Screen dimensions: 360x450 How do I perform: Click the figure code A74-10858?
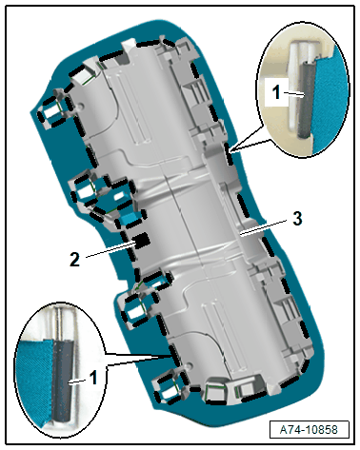point(309,430)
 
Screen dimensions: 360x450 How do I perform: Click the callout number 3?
point(297,219)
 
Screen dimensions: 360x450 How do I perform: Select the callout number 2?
point(74,260)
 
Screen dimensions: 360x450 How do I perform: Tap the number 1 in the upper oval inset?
point(276,92)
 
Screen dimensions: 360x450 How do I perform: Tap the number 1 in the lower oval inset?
point(93,378)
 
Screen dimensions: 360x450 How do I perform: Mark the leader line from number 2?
point(111,249)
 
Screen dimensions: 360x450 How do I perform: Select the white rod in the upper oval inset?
point(294,86)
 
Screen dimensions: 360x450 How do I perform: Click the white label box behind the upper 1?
point(276,92)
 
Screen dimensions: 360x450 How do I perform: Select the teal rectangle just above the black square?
point(130,218)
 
